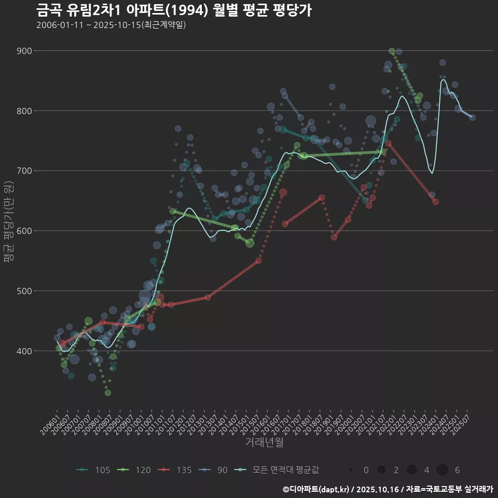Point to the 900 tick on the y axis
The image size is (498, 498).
coord(24,51)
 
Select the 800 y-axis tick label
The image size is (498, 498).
coord(24,111)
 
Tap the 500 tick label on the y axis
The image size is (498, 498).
coord(24,291)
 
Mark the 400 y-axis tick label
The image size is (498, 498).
coord(24,351)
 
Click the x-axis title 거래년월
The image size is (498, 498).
coord(264,442)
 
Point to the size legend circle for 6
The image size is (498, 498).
coord(442,470)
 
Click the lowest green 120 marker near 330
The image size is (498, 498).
coord(108,393)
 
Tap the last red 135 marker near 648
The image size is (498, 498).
coord(436,202)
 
